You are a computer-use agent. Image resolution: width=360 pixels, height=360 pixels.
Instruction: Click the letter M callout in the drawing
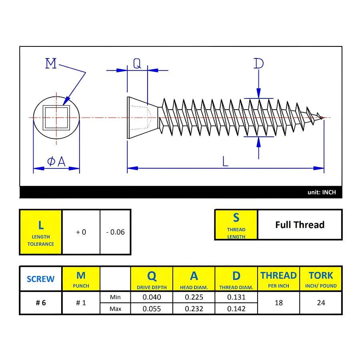tap(51, 64)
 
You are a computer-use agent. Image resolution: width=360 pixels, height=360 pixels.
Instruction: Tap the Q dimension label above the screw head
tap(137, 63)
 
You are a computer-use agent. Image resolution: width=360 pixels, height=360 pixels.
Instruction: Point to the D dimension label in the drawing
tap(259, 64)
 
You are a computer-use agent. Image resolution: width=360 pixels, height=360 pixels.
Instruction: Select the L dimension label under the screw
tap(226, 162)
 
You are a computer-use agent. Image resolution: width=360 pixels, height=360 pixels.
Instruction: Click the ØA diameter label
tap(56, 162)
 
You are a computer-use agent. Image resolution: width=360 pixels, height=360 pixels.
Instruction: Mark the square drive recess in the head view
tap(56, 117)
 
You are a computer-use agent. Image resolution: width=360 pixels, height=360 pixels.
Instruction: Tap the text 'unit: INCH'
tap(322, 192)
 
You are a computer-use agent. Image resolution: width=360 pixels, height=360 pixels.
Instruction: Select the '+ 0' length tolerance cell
tap(81, 232)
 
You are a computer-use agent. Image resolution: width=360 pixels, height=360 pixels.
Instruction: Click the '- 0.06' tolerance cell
tap(115, 232)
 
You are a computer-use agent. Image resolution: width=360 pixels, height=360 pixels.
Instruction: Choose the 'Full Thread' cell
tap(300, 225)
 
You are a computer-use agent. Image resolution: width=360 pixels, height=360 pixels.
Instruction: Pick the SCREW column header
tap(40, 279)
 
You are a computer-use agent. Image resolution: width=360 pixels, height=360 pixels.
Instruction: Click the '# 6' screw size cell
tap(40, 303)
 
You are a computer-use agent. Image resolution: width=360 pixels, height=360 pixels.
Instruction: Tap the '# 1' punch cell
tap(81, 303)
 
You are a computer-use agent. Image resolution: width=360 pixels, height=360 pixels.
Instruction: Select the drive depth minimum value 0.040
tap(152, 297)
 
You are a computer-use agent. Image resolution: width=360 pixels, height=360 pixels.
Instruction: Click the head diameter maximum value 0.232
tap(194, 309)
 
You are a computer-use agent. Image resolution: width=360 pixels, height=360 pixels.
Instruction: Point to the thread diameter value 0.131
tap(236, 297)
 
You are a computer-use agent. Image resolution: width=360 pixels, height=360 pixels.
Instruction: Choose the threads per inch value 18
tap(279, 303)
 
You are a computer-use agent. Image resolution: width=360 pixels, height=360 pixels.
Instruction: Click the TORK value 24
tap(321, 303)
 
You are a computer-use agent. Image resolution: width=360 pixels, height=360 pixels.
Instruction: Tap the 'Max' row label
tap(115, 309)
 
